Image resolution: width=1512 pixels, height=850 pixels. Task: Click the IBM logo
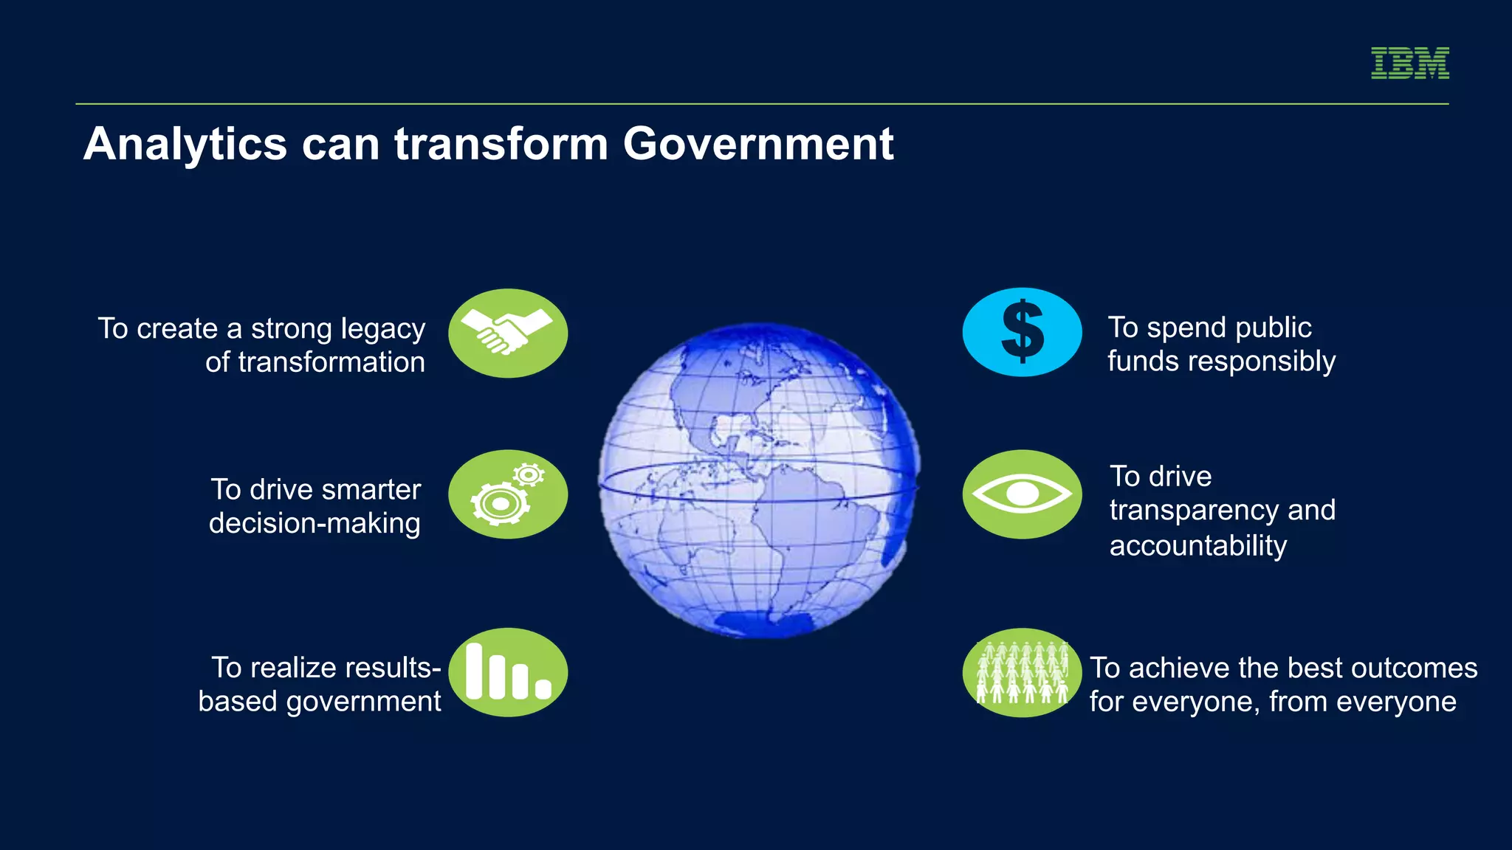click(x=1409, y=63)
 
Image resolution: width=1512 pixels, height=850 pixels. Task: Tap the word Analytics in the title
click(x=185, y=145)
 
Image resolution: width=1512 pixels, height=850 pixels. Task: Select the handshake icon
click(x=507, y=333)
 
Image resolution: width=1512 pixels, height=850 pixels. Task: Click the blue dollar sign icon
click(x=1022, y=332)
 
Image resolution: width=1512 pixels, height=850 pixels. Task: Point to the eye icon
click(x=1022, y=494)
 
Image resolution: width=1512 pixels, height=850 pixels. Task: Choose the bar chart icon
click(x=507, y=672)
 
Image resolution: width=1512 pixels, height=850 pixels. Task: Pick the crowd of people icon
click(x=1022, y=672)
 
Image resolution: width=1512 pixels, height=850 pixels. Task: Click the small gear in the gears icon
click(x=529, y=474)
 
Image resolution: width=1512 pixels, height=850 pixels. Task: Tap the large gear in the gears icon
click(x=500, y=504)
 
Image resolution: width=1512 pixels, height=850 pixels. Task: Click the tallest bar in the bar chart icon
click(x=475, y=671)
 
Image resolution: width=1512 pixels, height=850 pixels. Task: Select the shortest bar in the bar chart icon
click(x=543, y=689)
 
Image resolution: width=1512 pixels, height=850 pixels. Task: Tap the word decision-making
click(x=315, y=524)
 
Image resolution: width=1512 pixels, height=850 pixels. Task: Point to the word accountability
click(x=1197, y=546)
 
